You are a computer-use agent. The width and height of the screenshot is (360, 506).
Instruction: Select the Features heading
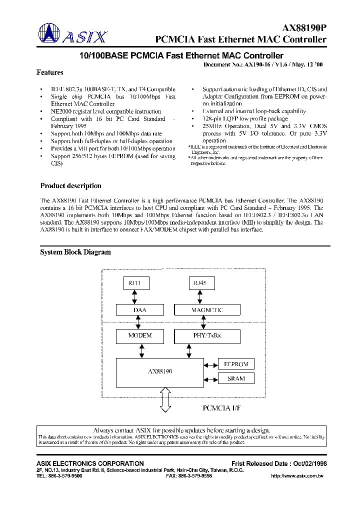pyautogui.click(x=50, y=72)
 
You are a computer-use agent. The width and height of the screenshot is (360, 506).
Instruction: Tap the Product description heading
pyautogui.click(x=70, y=186)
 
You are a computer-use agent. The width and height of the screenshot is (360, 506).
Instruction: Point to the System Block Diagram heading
pyautogui.click(x=75, y=252)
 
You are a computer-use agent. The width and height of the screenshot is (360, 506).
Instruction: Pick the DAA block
pyautogui.click(x=140, y=310)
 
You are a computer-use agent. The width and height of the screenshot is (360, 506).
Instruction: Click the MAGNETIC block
pyautogui.click(x=207, y=310)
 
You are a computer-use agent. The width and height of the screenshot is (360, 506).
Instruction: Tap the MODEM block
pyautogui.click(x=140, y=335)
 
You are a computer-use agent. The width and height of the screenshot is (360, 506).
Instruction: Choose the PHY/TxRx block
pyautogui.click(x=207, y=335)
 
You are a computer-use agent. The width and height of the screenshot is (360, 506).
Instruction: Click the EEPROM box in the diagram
pyautogui.click(x=236, y=364)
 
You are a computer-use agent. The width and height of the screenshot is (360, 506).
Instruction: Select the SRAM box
pyautogui.click(x=236, y=378)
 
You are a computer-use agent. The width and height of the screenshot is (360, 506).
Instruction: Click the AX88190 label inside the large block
pyautogui.click(x=160, y=372)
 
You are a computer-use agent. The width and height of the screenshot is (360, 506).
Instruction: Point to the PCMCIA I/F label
pyautogui.click(x=221, y=408)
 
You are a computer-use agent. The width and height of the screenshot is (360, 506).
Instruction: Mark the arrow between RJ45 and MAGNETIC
pyautogui.click(x=200, y=297)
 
